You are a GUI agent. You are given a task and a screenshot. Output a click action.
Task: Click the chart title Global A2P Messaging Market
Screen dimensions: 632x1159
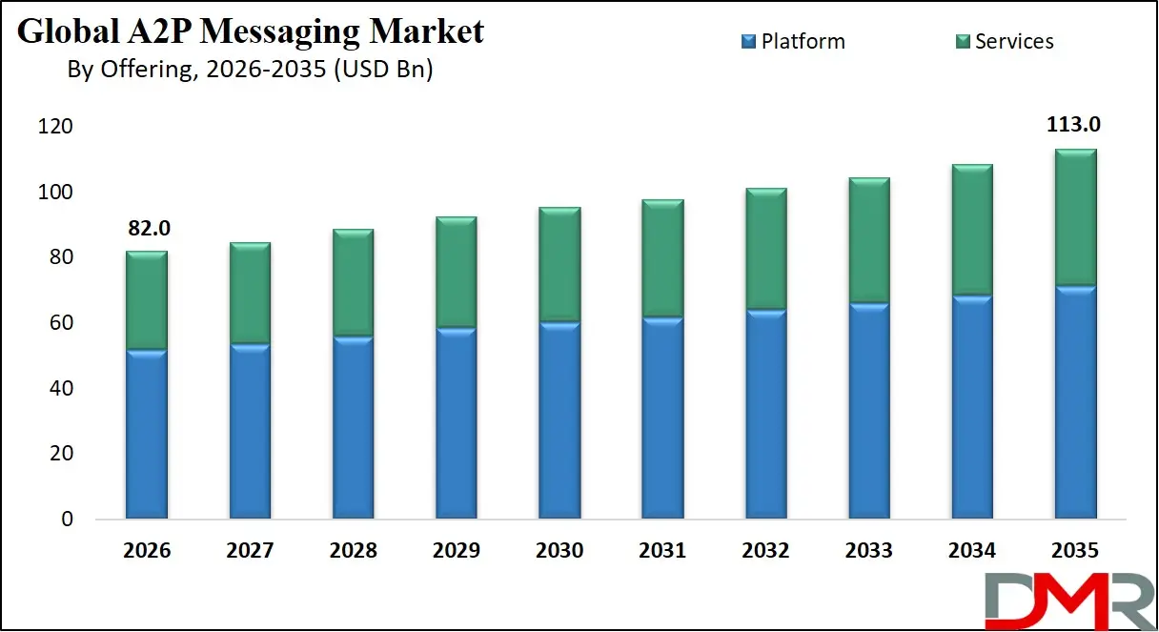[x=251, y=31]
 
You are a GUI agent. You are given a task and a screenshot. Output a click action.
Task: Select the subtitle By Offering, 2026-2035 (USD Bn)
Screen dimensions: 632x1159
[x=250, y=70]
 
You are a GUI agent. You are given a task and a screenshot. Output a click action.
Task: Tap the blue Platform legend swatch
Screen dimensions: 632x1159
[x=748, y=41]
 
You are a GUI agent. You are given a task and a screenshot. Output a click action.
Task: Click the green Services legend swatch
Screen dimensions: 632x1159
[x=962, y=41]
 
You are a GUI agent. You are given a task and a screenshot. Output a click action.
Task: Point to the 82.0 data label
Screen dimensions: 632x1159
[x=146, y=229]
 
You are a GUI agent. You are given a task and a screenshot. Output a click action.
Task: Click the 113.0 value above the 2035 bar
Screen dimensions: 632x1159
[x=1074, y=125]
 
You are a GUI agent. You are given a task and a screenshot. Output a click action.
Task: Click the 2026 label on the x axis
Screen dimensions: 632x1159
[x=146, y=551]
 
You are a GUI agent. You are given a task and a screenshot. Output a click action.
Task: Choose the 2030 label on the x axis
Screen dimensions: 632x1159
[x=559, y=551]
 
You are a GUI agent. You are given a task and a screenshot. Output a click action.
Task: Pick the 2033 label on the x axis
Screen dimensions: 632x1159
[x=868, y=551]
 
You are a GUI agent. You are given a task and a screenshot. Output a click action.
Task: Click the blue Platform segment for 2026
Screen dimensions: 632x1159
[x=146, y=434]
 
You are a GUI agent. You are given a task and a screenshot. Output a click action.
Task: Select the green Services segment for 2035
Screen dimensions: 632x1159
[x=1074, y=217]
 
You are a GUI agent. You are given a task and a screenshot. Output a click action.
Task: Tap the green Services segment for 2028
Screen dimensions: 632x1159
[x=353, y=283]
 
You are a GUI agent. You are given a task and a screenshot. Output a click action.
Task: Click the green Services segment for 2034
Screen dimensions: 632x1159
[x=971, y=230]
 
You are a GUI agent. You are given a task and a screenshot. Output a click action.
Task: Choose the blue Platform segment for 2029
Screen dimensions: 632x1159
[x=456, y=423]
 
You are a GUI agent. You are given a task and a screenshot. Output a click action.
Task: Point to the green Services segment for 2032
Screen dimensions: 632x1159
[x=765, y=249]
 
